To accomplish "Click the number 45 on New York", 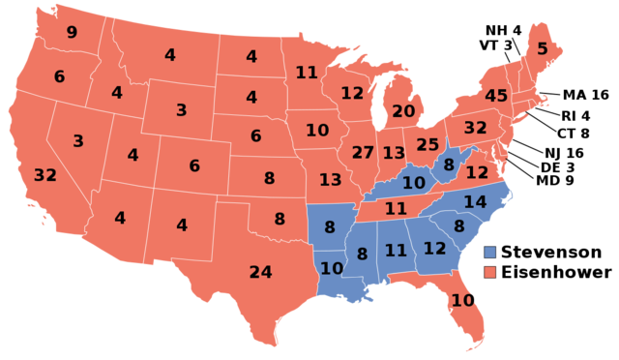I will click(496, 96).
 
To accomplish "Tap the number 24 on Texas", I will click(260, 272).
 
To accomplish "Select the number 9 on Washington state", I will click(72, 33).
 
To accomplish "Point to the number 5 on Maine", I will click(542, 48).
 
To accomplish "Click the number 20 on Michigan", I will click(403, 111).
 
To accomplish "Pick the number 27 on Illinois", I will click(363, 153).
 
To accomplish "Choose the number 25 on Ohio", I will click(427, 145).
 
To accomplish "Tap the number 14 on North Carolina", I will click(475, 202).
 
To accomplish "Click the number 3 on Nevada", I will click(77, 141).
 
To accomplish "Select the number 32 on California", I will click(44, 175).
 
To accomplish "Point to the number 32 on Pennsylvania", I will click(475, 128).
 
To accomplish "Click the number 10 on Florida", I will click(462, 301).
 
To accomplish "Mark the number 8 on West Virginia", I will click(449, 165).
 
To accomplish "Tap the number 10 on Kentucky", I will click(414, 182).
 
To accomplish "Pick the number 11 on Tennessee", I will click(396, 208).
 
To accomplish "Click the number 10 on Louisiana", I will click(332, 268).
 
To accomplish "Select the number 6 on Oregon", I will click(59, 76).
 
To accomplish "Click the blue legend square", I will click(490, 253).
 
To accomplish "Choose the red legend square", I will click(490, 272).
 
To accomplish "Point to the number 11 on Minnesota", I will click(307, 73).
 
